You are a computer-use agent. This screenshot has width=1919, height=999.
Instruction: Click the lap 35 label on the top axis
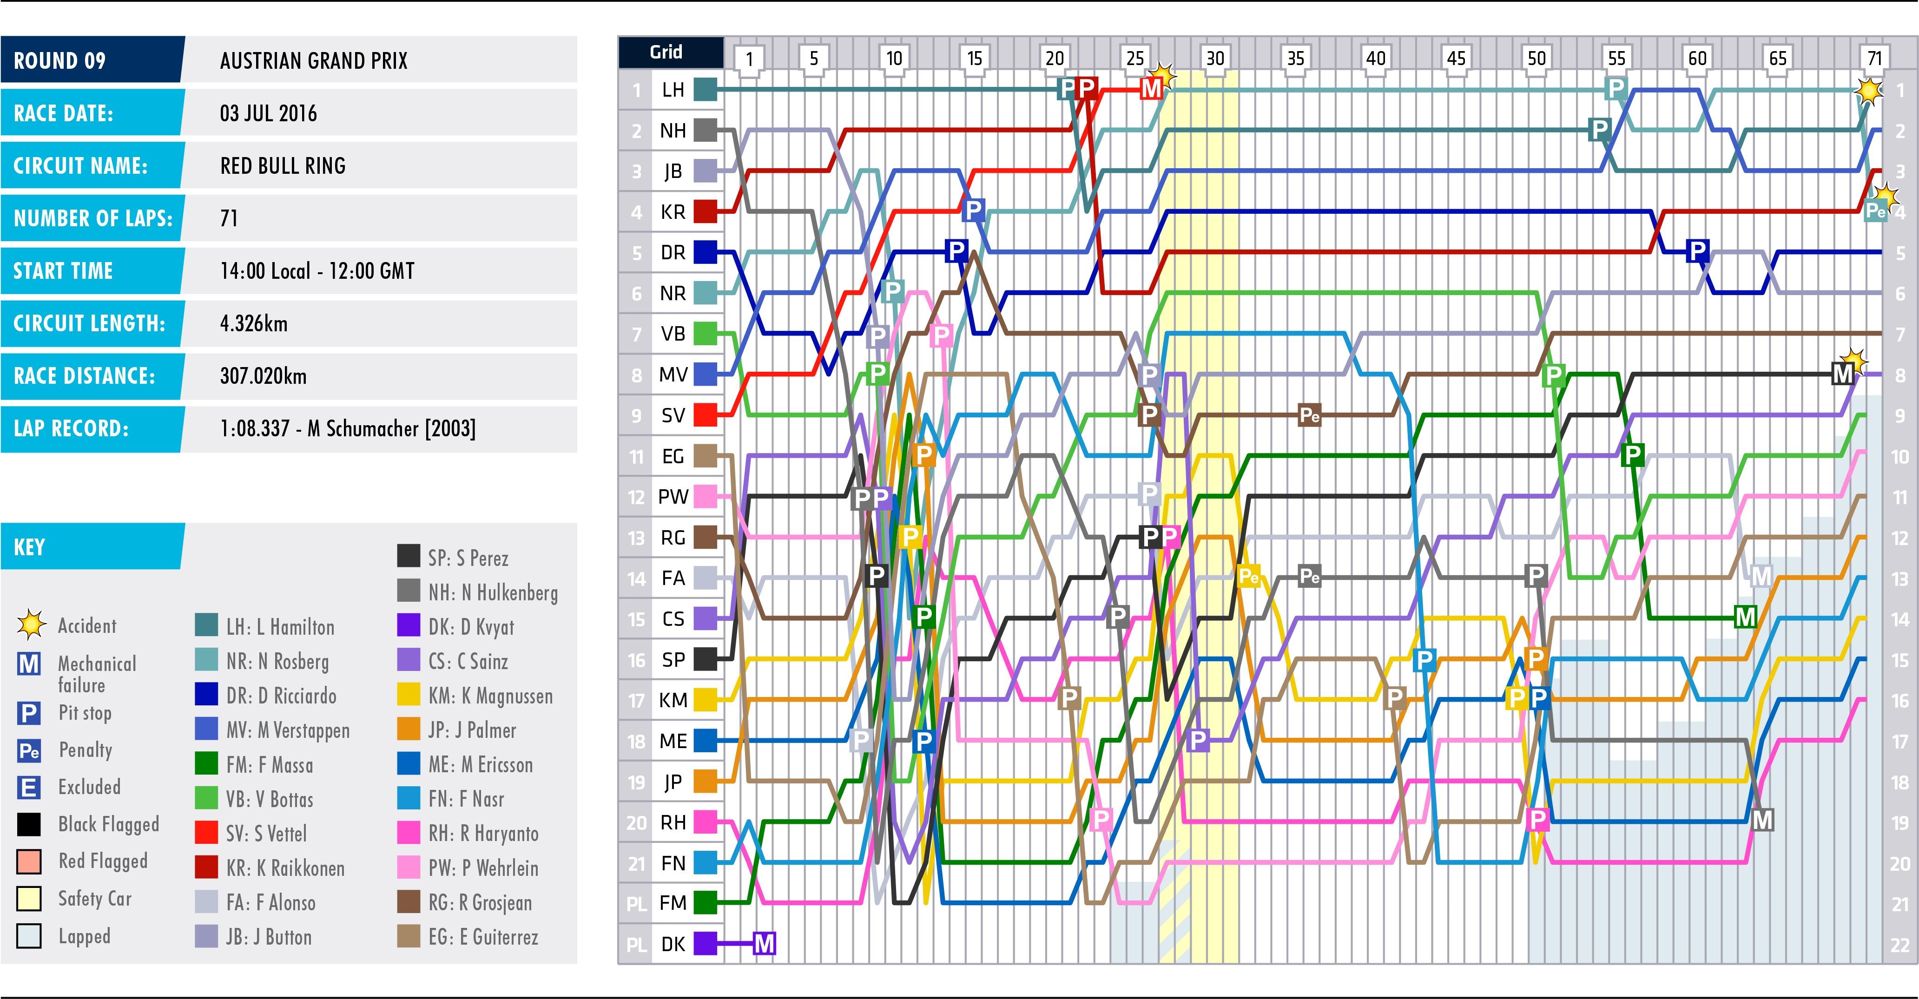click(1295, 58)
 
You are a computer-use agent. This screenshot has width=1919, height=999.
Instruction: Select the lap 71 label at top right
click(1874, 58)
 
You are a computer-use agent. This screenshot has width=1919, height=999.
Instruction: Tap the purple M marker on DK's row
click(765, 943)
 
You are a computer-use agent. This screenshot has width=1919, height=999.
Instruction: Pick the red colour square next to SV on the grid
click(705, 415)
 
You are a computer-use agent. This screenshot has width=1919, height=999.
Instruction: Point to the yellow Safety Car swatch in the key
click(29, 899)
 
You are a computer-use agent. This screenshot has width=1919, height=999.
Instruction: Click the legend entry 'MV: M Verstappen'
click(288, 730)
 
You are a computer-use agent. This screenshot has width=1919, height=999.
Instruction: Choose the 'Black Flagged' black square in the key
click(29, 824)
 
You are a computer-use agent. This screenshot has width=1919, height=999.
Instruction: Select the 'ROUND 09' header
click(59, 60)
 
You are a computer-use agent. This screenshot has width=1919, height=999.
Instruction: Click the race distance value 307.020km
click(263, 375)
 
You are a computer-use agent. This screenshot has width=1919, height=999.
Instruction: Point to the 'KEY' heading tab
click(30, 547)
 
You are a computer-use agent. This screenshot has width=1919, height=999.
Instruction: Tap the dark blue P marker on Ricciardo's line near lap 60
click(1697, 250)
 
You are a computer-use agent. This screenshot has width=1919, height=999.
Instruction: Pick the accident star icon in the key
click(31, 625)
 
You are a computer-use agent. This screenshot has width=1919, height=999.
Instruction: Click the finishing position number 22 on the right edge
click(1899, 945)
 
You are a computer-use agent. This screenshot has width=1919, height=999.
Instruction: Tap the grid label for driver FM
click(673, 903)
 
